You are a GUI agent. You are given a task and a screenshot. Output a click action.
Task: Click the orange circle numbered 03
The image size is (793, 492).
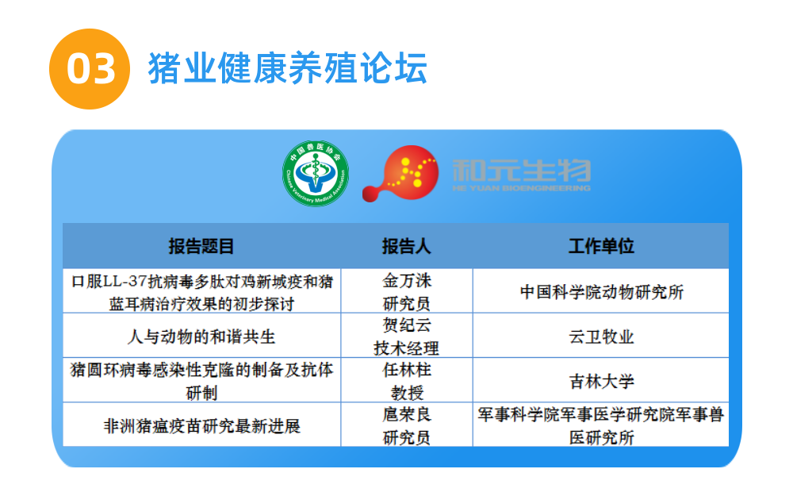click(90, 69)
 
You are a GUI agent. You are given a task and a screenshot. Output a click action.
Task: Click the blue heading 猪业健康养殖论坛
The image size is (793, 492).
click(288, 67)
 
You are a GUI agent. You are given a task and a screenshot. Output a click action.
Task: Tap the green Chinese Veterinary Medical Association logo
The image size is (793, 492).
click(316, 173)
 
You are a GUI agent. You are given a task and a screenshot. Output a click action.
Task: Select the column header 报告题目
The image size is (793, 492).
click(201, 246)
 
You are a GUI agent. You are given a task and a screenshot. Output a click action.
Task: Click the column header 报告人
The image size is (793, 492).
click(407, 246)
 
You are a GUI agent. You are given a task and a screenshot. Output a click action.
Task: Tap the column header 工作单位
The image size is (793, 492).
click(601, 246)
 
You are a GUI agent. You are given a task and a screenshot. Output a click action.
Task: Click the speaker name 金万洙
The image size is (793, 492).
click(407, 280)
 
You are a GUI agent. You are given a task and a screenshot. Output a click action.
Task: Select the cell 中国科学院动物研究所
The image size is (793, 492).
click(601, 292)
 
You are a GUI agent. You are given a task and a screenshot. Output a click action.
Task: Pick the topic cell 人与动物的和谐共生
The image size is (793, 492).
click(201, 336)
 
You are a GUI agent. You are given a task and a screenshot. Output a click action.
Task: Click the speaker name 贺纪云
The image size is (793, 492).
click(407, 325)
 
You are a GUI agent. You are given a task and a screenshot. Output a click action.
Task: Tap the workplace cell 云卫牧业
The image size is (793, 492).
click(601, 336)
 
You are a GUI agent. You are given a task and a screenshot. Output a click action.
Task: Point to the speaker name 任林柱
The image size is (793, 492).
click(407, 370)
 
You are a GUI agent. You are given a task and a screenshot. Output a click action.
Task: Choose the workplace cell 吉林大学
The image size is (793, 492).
click(601, 381)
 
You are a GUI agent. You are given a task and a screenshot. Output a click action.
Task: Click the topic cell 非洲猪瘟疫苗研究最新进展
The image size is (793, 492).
click(201, 426)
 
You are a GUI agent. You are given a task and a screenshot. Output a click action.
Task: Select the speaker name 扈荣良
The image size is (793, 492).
click(407, 414)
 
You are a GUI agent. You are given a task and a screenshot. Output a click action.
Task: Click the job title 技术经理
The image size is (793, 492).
click(407, 348)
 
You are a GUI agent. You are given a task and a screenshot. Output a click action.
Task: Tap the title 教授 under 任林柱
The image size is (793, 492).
click(407, 393)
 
